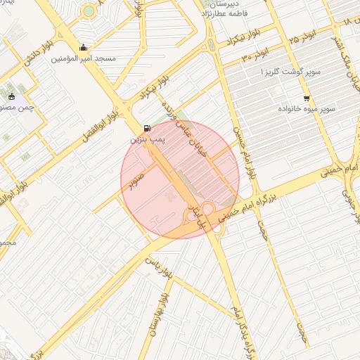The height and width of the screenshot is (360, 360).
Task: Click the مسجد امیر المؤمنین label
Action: coord(83,60)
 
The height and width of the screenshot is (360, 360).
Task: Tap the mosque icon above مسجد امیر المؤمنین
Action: coord(84,48)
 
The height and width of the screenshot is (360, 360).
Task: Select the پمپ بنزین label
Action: coord(146,141)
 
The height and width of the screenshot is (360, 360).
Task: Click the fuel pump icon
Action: coord(146,129)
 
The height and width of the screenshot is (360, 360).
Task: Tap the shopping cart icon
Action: coord(306,98)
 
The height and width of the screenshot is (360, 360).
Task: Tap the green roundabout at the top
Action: coord(88,11)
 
